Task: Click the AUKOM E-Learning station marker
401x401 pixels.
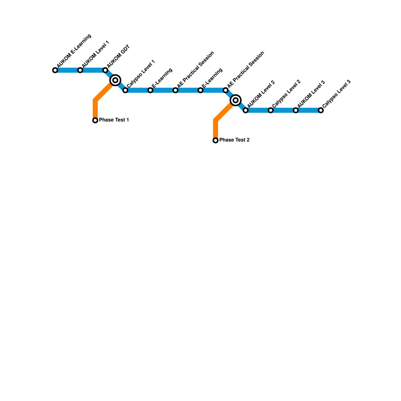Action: point(55,70)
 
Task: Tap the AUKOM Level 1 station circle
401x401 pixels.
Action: point(80,70)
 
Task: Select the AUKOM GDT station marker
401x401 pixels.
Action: point(105,70)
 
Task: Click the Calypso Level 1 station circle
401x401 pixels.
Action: point(125,90)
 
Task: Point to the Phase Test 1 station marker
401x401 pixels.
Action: point(95,120)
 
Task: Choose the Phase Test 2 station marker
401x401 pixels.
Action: point(216,140)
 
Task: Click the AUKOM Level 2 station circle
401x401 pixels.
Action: point(246,110)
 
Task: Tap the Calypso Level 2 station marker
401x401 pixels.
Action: point(271,110)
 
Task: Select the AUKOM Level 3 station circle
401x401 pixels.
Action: point(296,110)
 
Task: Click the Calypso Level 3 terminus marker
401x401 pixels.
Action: point(321,110)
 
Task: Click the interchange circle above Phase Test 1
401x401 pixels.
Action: point(115,80)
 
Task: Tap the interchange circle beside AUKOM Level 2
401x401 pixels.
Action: point(236,100)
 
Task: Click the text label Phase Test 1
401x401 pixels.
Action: point(114,120)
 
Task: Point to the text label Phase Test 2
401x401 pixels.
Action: point(234,140)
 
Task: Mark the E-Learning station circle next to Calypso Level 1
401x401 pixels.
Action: point(150,90)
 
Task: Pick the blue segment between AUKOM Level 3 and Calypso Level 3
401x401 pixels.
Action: point(308,110)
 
